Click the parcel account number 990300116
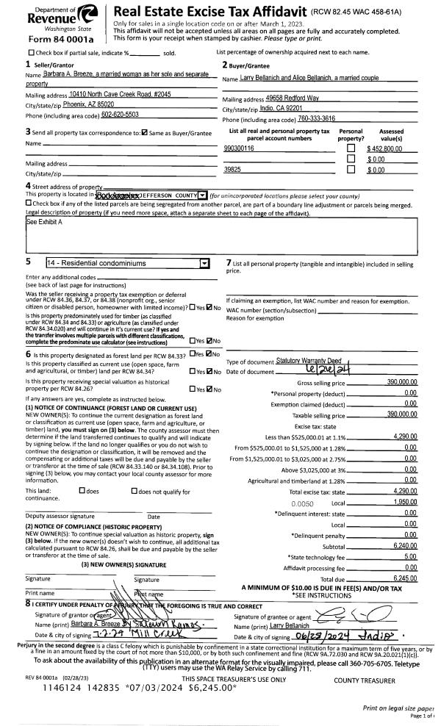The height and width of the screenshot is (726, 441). [240, 148]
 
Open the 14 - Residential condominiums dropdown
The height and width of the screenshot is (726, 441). [204, 262]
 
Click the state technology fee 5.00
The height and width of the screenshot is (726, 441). [409, 558]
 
